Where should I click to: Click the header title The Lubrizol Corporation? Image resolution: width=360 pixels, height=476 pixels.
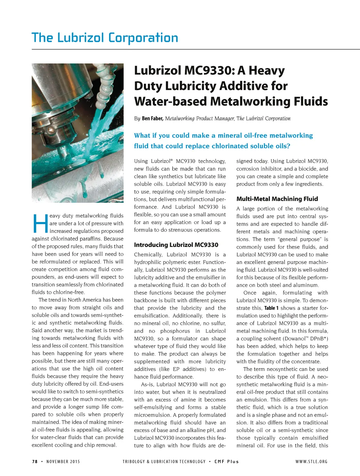click(105, 38)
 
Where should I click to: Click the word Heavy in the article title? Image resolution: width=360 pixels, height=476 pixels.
click(266, 71)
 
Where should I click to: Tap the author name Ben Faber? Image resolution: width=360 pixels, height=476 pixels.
click(152, 118)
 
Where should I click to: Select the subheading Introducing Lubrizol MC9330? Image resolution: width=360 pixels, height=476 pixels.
click(176, 245)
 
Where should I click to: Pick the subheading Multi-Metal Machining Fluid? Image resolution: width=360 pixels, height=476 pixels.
click(277, 199)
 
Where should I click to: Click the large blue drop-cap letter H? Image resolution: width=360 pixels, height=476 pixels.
click(39, 223)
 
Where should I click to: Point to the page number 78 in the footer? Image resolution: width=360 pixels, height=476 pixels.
click(35, 462)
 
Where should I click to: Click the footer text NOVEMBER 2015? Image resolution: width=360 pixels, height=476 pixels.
click(63, 462)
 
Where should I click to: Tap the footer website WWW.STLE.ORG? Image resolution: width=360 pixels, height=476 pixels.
click(311, 462)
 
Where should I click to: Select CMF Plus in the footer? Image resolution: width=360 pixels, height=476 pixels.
click(227, 462)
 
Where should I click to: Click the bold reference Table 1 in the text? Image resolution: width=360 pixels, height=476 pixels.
click(271, 308)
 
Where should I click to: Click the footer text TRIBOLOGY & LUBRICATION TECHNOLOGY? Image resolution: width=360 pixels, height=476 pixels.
click(164, 462)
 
